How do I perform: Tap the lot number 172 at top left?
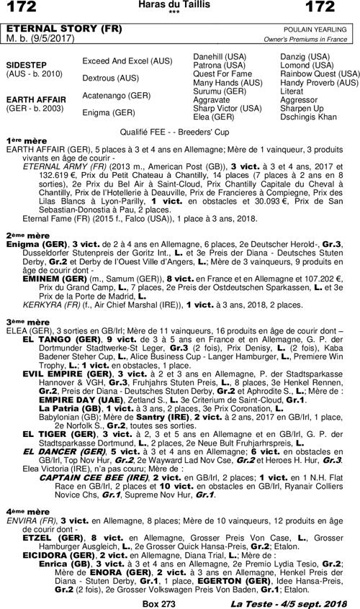[19, 7]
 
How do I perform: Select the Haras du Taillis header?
[180, 4]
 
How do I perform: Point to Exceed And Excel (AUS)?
[122, 60]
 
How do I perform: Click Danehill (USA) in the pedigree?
[220, 56]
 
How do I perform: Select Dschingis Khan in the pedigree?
[308, 117]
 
